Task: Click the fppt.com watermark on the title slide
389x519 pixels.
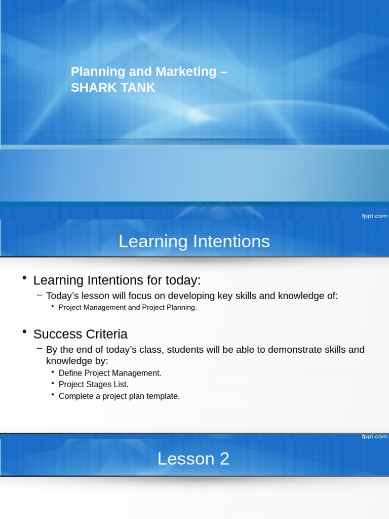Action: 374,215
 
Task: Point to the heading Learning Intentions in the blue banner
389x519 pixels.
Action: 194,241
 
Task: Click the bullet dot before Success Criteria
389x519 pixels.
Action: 24,332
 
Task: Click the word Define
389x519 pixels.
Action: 70,373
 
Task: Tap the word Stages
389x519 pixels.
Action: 99,385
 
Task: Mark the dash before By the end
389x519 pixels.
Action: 40,349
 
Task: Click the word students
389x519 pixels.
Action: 184,350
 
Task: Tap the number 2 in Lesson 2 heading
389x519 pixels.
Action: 223,459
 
